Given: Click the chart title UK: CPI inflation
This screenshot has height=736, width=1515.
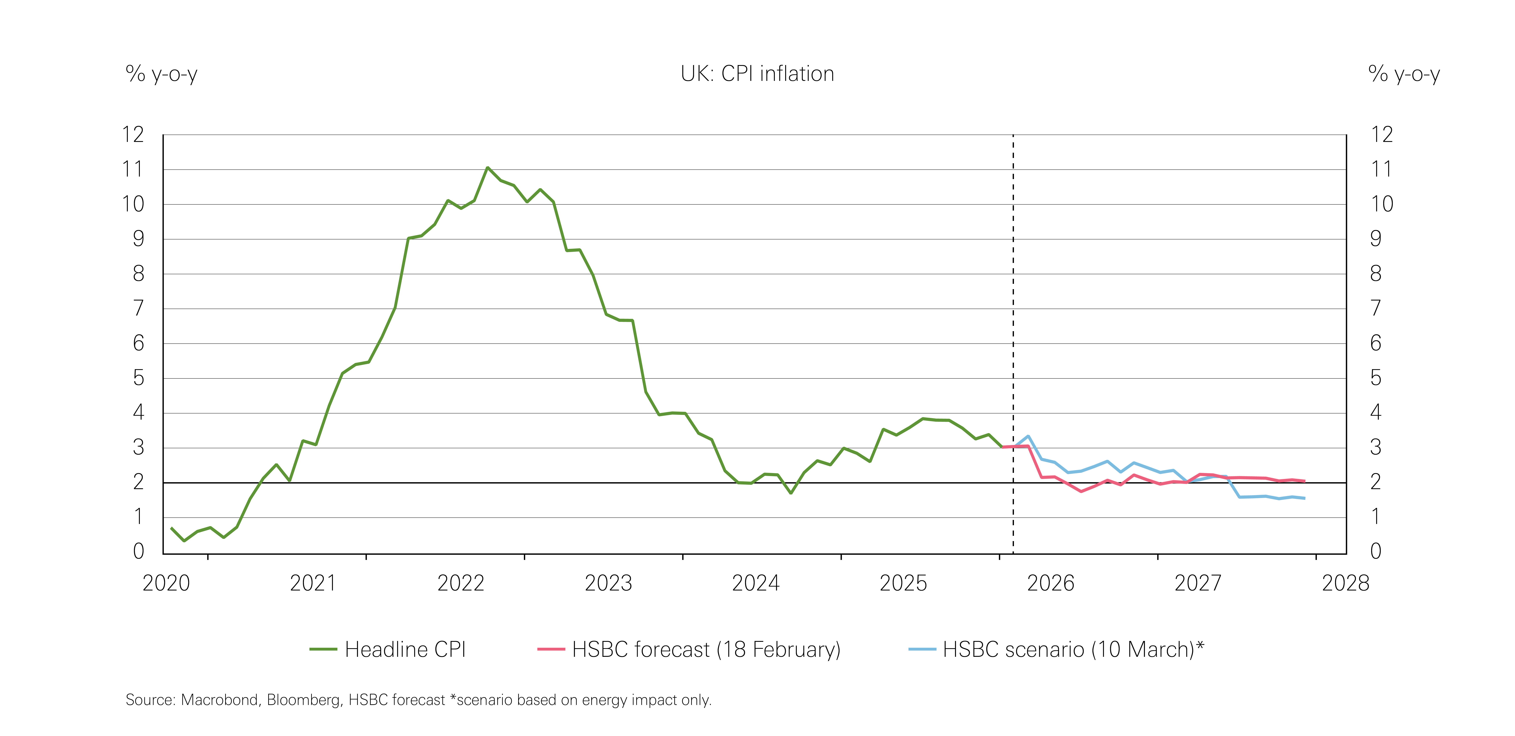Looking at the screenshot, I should pos(757,74).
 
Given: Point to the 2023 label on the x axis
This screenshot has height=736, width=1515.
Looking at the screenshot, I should pos(608,583).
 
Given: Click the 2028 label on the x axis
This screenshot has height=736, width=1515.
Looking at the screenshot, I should pos(1346,583).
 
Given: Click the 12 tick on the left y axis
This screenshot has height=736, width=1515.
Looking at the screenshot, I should pos(133,135).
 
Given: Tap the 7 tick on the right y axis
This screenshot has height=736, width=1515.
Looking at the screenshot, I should pos(1376,308).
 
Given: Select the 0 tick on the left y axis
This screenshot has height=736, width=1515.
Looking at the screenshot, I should pos(138,551).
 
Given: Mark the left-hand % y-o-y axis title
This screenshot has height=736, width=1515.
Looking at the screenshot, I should pos(161,74).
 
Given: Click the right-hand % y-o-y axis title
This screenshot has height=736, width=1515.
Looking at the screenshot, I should pos(1404,74).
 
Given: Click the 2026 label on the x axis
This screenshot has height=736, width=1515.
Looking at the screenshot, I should pos(1050,583).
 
